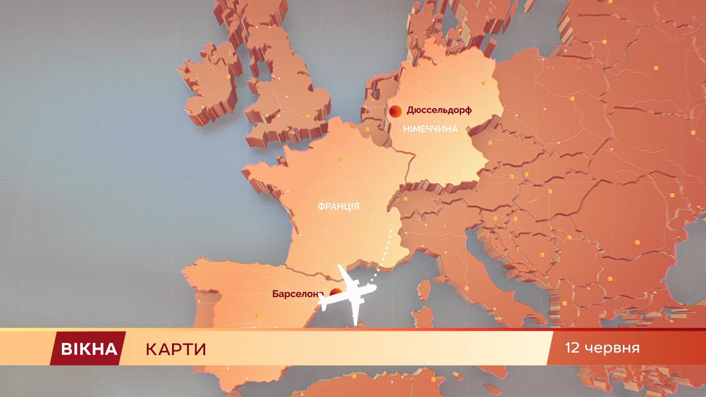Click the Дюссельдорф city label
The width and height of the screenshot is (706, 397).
439,110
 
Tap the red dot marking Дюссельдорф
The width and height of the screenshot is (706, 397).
395,111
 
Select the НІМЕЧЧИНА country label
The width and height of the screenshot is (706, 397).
431,130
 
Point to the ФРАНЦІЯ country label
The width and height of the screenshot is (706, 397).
338,207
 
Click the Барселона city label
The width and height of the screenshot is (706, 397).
296,294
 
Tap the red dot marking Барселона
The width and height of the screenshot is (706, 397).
335,293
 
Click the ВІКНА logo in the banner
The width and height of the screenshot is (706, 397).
89,348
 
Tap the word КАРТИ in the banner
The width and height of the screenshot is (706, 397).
176,349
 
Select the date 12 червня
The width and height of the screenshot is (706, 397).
602,348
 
